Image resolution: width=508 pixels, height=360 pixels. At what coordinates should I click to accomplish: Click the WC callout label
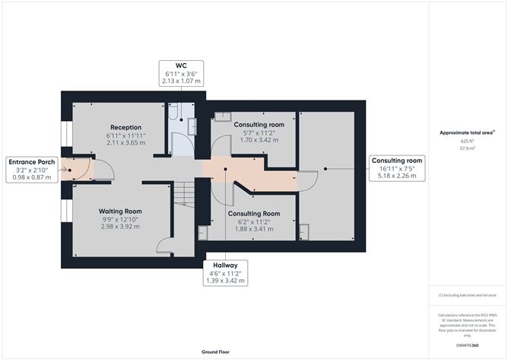point(181,73)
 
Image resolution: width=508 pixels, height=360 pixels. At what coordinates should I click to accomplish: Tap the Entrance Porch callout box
point(32,170)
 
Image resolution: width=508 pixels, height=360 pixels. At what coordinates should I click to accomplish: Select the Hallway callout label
point(225,272)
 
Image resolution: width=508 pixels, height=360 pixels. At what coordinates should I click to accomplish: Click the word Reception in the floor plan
point(125,127)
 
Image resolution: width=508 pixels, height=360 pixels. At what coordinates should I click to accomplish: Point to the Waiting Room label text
point(120,211)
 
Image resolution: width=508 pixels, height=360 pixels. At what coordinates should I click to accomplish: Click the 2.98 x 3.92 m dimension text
point(120,226)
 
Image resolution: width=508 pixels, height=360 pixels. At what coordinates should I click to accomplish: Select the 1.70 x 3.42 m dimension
point(259,140)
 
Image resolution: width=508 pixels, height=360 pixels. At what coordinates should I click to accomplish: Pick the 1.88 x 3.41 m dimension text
point(254,228)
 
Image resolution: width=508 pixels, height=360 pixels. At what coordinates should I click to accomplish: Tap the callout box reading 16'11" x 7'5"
point(397,168)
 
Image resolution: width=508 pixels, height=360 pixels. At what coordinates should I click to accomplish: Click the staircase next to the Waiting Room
point(184,193)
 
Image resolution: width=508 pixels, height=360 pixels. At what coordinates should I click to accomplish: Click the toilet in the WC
point(173,111)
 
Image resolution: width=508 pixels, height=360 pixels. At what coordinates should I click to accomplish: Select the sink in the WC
point(192,126)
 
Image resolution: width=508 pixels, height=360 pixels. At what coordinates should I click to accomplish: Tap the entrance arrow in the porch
point(64,169)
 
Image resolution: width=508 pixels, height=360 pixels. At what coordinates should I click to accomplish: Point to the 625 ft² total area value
point(467,141)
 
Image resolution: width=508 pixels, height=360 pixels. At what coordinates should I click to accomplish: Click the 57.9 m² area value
point(467,148)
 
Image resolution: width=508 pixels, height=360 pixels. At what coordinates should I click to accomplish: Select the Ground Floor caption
point(215,352)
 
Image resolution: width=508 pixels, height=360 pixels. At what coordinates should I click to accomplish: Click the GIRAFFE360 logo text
point(467,346)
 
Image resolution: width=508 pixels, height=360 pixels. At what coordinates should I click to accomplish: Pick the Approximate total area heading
point(467,132)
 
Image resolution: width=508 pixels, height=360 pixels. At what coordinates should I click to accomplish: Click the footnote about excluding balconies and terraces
point(467,295)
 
